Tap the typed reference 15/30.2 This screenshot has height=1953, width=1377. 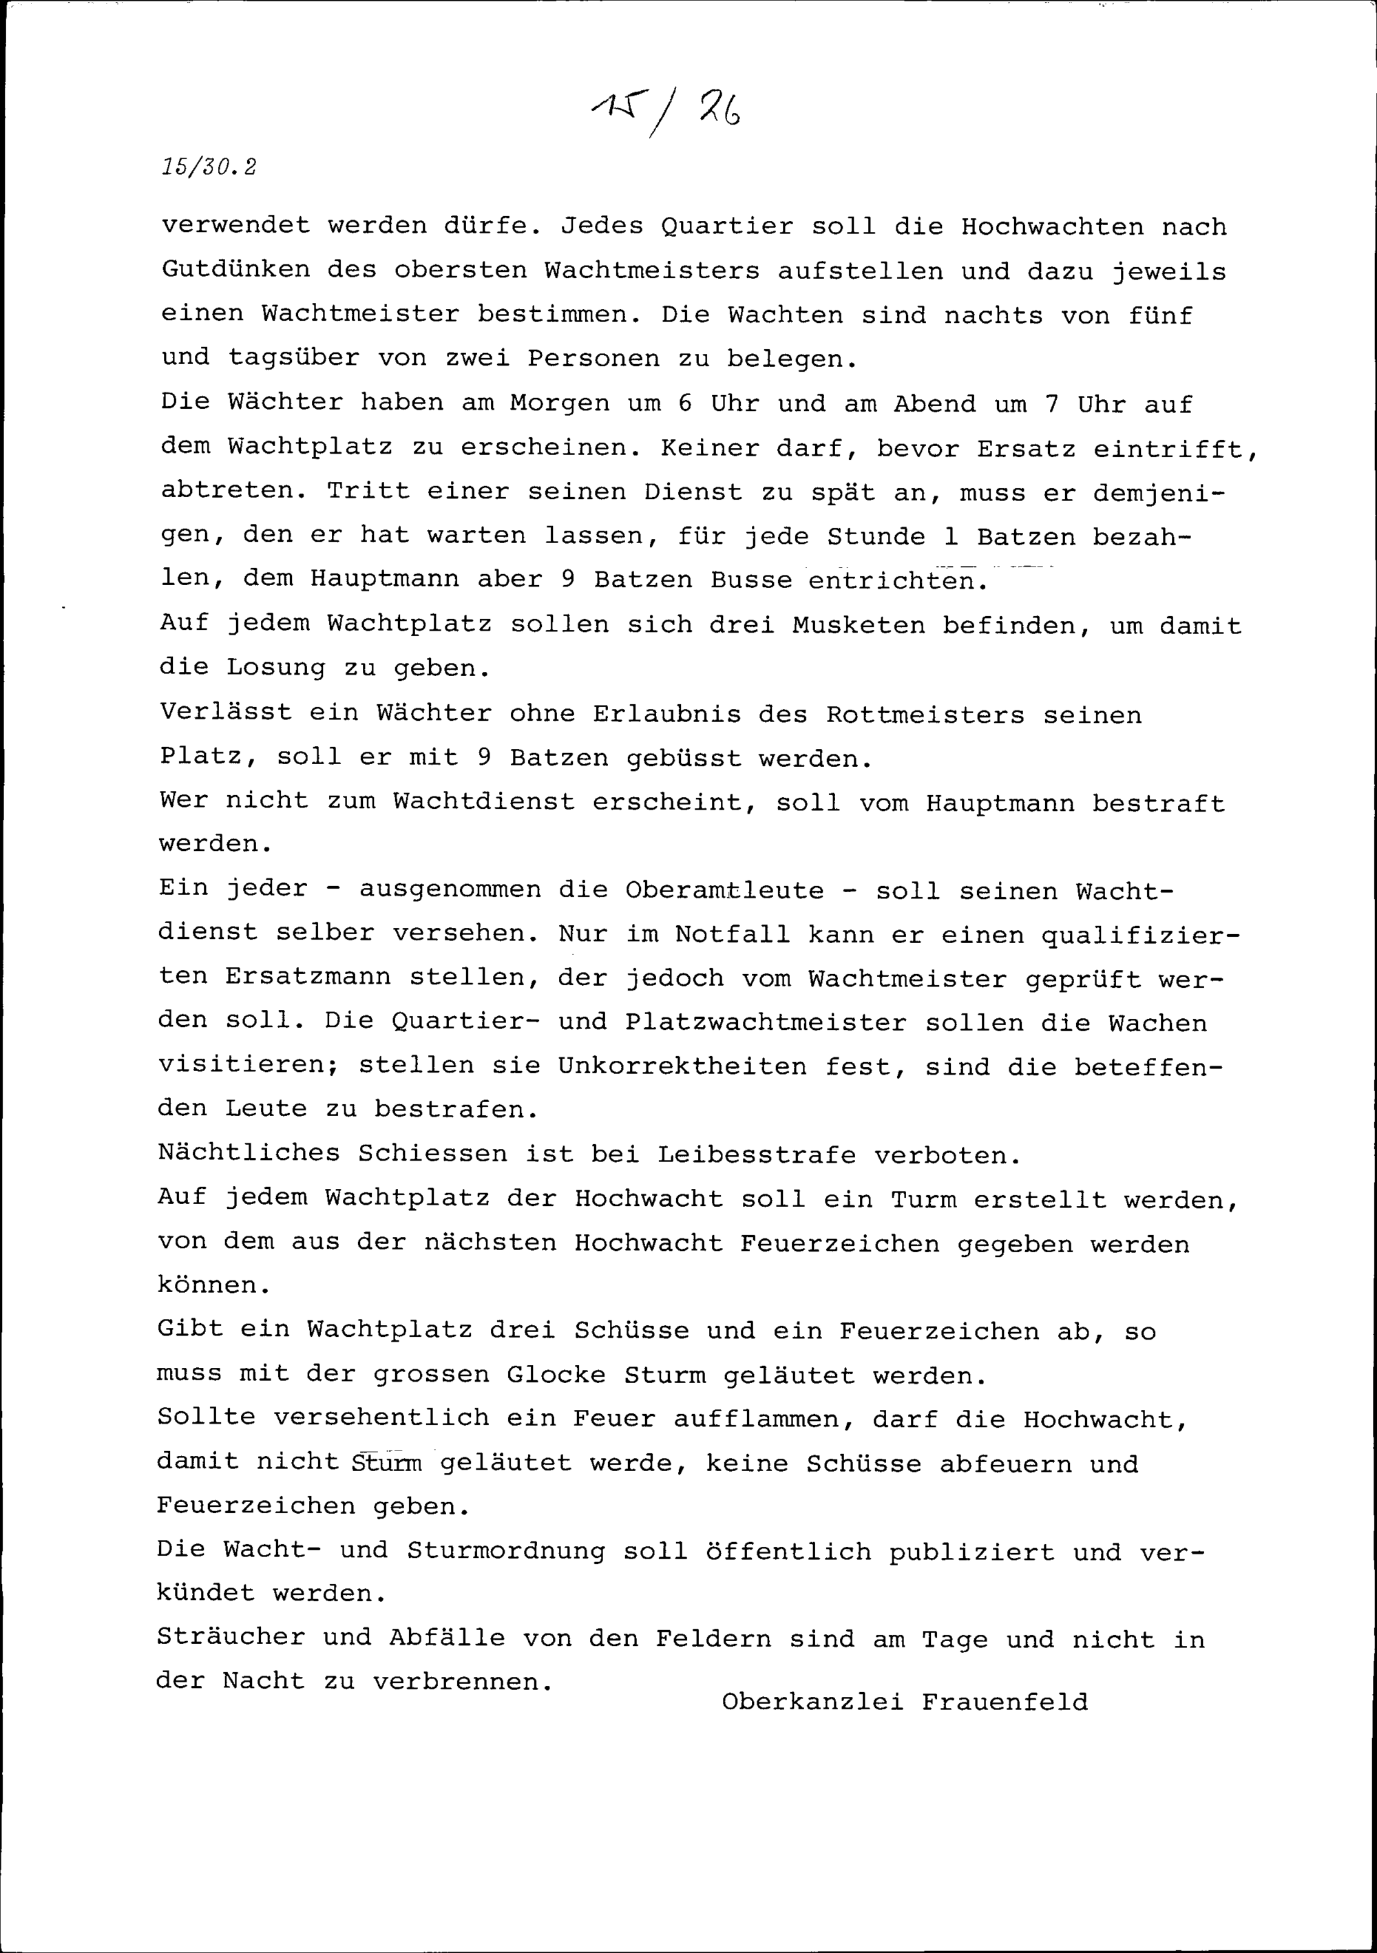tap(209, 167)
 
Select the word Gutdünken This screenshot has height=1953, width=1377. tap(235, 271)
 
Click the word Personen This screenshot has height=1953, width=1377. tap(593, 359)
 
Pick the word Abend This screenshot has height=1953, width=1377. tap(934, 403)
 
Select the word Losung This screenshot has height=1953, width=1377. tap(275, 668)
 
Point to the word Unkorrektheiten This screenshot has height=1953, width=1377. tap(682, 1066)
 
